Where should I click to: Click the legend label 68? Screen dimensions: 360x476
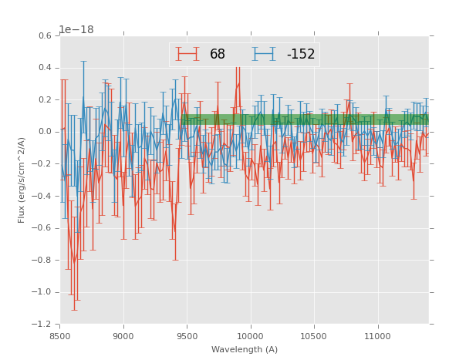218,55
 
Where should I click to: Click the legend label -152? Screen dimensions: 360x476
301,55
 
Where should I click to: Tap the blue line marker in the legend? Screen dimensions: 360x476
264,55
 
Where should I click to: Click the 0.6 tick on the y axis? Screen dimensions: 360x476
46,35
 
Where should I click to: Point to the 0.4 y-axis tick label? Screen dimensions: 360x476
46,68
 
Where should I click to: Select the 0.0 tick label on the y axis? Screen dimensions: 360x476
46,132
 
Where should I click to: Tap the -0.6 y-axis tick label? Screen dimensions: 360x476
43,228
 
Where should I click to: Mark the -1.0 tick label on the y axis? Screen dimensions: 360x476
43,292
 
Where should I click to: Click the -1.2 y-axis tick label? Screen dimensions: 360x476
43,325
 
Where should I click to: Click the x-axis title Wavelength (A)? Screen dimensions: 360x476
245,350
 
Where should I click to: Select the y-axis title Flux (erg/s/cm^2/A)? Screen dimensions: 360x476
22,180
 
